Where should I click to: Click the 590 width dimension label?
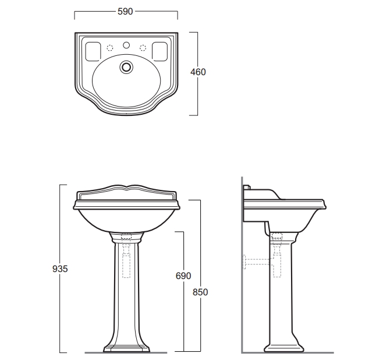[x=125, y=11]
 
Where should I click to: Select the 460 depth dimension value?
[x=198, y=72]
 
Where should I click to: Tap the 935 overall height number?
[x=60, y=269]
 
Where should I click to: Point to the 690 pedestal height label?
[x=183, y=276]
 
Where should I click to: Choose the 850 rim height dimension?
[x=200, y=292]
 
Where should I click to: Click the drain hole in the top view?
[x=126, y=67]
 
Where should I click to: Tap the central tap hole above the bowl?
[x=126, y=45]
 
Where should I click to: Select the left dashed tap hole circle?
[x=110, y=48]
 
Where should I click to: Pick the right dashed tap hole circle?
[x=143, y=48]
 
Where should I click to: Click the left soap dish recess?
[x=93, y=51]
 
